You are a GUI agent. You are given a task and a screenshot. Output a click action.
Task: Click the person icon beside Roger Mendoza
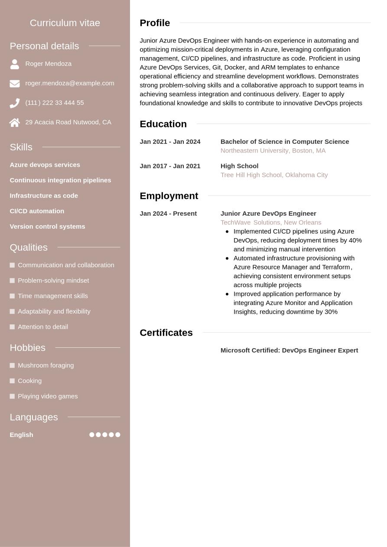coord(15,64)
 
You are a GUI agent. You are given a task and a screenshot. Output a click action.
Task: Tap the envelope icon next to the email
coord(15,84)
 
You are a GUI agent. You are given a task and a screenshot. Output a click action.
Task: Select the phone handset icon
coord(15,103)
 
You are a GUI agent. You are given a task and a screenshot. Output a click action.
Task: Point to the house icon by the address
coord(15,123)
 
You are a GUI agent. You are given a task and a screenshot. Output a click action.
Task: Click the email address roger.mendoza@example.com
coord(70,83)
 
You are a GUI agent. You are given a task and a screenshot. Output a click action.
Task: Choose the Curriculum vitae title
coord(65,23)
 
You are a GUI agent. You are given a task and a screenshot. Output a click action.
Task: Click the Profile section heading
coord(155,23)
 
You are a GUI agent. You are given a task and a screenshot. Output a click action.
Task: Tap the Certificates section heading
coord(166,333)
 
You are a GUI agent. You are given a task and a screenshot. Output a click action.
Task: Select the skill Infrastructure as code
coord(44,196)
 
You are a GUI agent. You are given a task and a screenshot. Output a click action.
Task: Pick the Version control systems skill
coord(47,227)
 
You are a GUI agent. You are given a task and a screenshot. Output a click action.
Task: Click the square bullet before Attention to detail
coord(12,327)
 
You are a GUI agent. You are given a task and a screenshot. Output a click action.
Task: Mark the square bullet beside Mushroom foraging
coord(12,366)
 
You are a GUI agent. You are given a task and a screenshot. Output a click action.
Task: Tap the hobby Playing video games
coord(48,396)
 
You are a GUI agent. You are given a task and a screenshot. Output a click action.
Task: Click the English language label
coord(21,435)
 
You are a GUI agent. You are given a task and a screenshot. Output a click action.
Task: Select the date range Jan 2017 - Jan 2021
coord(170,166)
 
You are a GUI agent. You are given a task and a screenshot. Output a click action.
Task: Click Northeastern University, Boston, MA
coord(273,151)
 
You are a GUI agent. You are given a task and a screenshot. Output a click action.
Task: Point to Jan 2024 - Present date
coord(168,214)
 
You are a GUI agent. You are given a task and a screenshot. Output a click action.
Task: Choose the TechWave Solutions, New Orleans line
coord(271,223)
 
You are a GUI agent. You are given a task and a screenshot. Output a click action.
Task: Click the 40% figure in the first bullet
coord(355,240)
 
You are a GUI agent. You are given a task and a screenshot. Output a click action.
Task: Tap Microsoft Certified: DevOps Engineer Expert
coord(289,350)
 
